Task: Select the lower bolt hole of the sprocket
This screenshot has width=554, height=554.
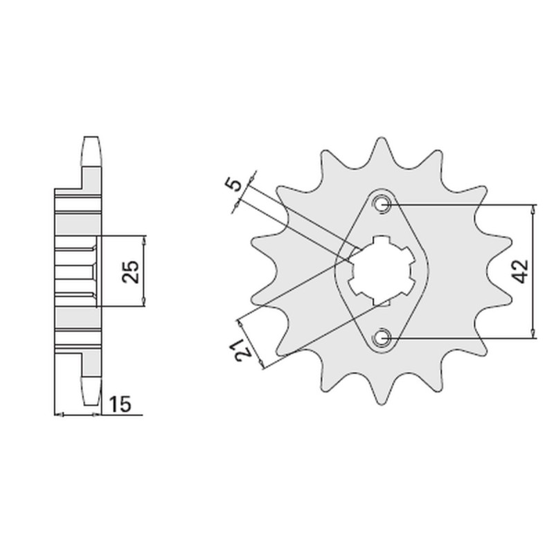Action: tap(382, 337)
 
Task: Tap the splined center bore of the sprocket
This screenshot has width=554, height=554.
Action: tap(380, 271)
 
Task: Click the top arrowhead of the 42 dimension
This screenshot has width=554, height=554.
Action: tap(533, 208)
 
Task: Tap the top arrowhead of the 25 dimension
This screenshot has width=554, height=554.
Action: tap(144, 240)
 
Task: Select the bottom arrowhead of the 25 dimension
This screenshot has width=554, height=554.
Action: tap(144, 302)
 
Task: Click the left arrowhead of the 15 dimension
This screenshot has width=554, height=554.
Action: tap(58, 415)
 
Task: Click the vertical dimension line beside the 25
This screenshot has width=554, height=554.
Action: tap(144, 271)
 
